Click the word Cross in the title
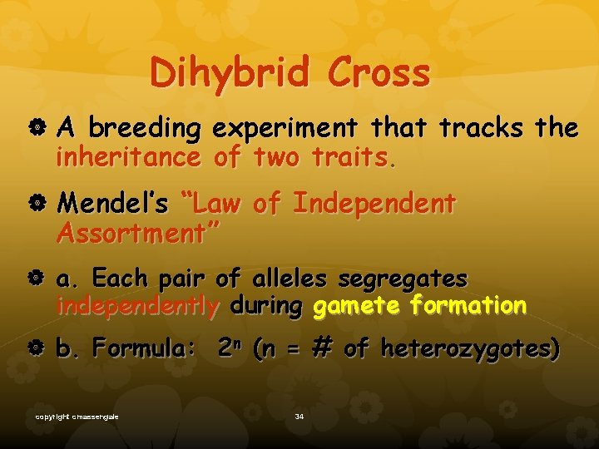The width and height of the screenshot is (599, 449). click(x=379, y=73)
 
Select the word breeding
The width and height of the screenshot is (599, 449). click(x=145, y=129)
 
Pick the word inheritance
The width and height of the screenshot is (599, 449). click(x=127, y=156)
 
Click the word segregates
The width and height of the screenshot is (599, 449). click(x=410, y=278)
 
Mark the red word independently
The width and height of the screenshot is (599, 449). click(x=137, y=305)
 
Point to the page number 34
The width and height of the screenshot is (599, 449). click(x=299, y=416)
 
